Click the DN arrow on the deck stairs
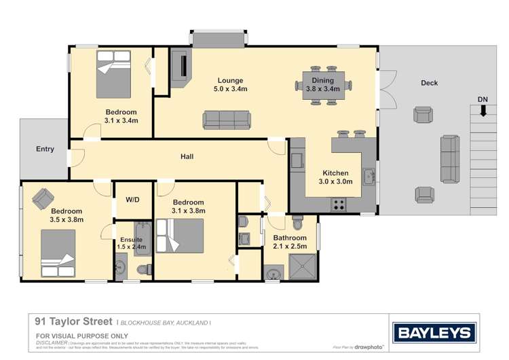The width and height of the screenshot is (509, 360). (x=483, y=111)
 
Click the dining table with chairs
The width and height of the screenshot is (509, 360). (x=323, y=85)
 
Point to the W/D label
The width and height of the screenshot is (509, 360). (x=132, y=200)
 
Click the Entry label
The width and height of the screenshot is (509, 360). (x=45, y=149)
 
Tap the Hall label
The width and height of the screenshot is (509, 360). (x=187, y=157)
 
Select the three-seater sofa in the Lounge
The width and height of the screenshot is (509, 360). (x=227, y=120)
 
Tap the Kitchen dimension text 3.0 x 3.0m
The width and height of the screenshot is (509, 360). (x=335, y=182)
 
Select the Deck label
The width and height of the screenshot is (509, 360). (x=429, y=83)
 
